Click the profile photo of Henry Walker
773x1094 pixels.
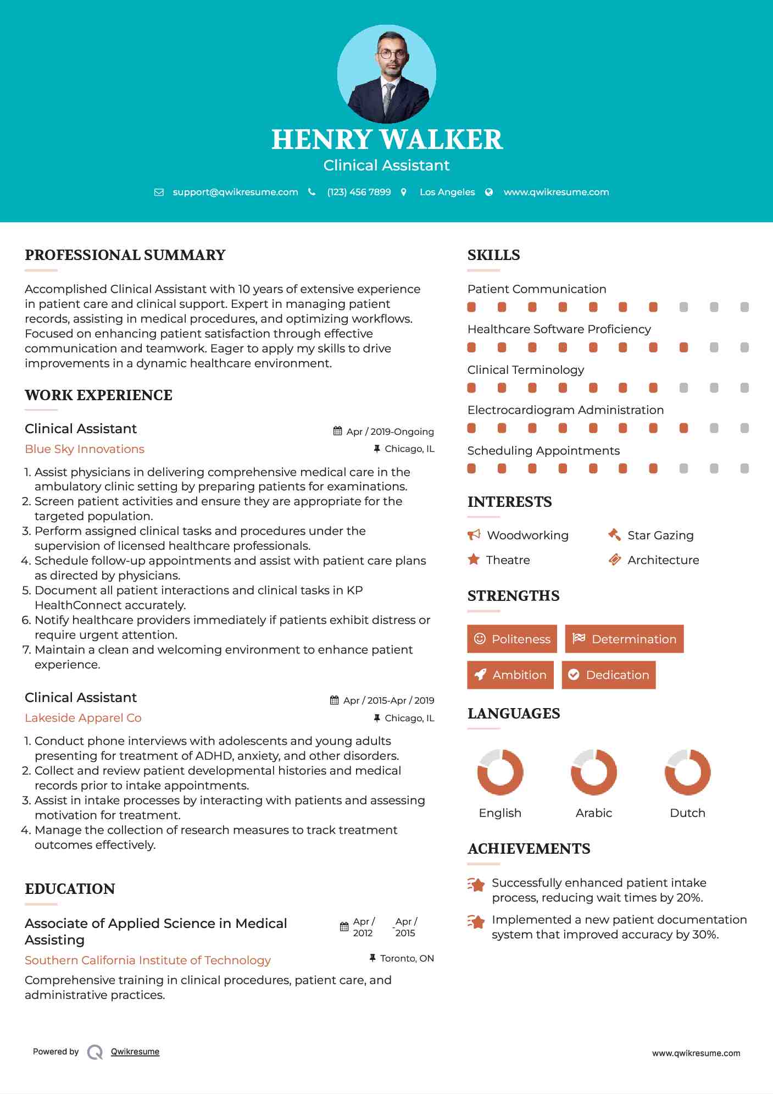(386, 74)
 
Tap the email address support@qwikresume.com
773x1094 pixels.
(235, 192)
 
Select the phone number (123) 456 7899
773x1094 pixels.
(359, 192)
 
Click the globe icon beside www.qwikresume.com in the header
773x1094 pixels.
(489, 192)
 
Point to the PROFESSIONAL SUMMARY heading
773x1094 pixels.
(125, 255)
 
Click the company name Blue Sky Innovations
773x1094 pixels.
(85, 449)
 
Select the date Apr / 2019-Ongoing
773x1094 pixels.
(390, 432)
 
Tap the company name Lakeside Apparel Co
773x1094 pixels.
(83, 718)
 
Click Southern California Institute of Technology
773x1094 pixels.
(148, 960)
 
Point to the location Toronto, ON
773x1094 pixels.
(407, 958)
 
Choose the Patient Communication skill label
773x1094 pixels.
(537, 289)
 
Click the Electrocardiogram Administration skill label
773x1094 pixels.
(565, 410)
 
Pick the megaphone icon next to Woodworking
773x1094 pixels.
(474, 535)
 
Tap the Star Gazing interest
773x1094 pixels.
(660, 535)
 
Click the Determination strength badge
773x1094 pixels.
(624, 639)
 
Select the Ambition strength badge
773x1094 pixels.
(510, 675)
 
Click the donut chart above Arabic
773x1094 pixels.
(593, 772)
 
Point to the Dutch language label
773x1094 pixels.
(687, 813)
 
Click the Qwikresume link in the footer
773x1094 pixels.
(135, 1052)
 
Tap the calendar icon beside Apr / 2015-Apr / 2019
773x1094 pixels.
(334, 700)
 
